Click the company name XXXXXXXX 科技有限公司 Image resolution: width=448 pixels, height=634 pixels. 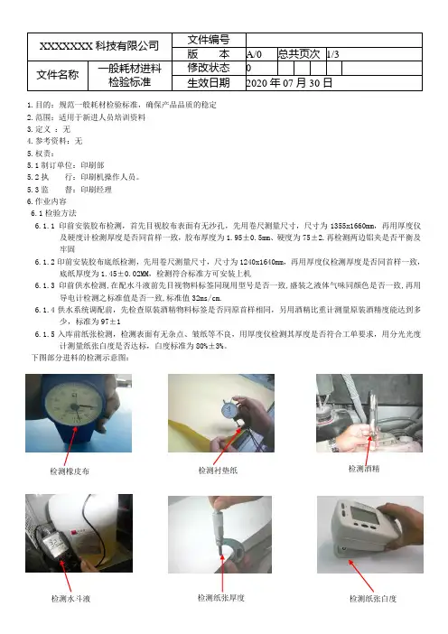pyautogui.click(x=99, y=46)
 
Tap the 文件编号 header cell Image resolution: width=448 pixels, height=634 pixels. pyautogui.click(x=209, y=40)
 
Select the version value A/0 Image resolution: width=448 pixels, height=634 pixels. pyautogui.click(x=255, y=54)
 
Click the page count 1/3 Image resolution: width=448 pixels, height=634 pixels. pyautogui.click(x=332, y=54)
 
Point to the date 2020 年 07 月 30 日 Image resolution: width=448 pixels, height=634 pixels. pyautogui.click(x=289, y=83)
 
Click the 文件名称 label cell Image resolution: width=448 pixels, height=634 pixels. pyautogui.click(x=58, y=75)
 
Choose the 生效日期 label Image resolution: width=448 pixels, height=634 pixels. pyautogui.click(x=209, y=83)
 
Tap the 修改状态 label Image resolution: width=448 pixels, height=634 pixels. pyautogui.click(x=209, y=68)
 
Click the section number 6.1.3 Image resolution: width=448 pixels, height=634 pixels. pyautogui.click(x=44, y=285)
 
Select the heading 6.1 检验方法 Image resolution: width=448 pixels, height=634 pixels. pyautogui.click(x=54, y=213)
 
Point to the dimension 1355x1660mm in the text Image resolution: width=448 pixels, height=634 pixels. pyautogui.click(x=352, y=226)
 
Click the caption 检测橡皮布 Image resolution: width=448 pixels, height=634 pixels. pyautogui.click(x=70, y=471)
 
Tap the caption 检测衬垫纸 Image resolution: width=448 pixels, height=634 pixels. pyautogui.click(x=218, y=471)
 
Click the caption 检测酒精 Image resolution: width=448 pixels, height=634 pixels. pyautogui.click(x=364, y=469)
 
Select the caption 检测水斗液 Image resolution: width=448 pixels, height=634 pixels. pyautogui.click(x=70, y=599)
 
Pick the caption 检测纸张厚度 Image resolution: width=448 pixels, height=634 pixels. pyautogui.click(x=221, y=598)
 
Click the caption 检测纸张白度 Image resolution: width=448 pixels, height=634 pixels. pyautogui.click(x=373, y=599)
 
